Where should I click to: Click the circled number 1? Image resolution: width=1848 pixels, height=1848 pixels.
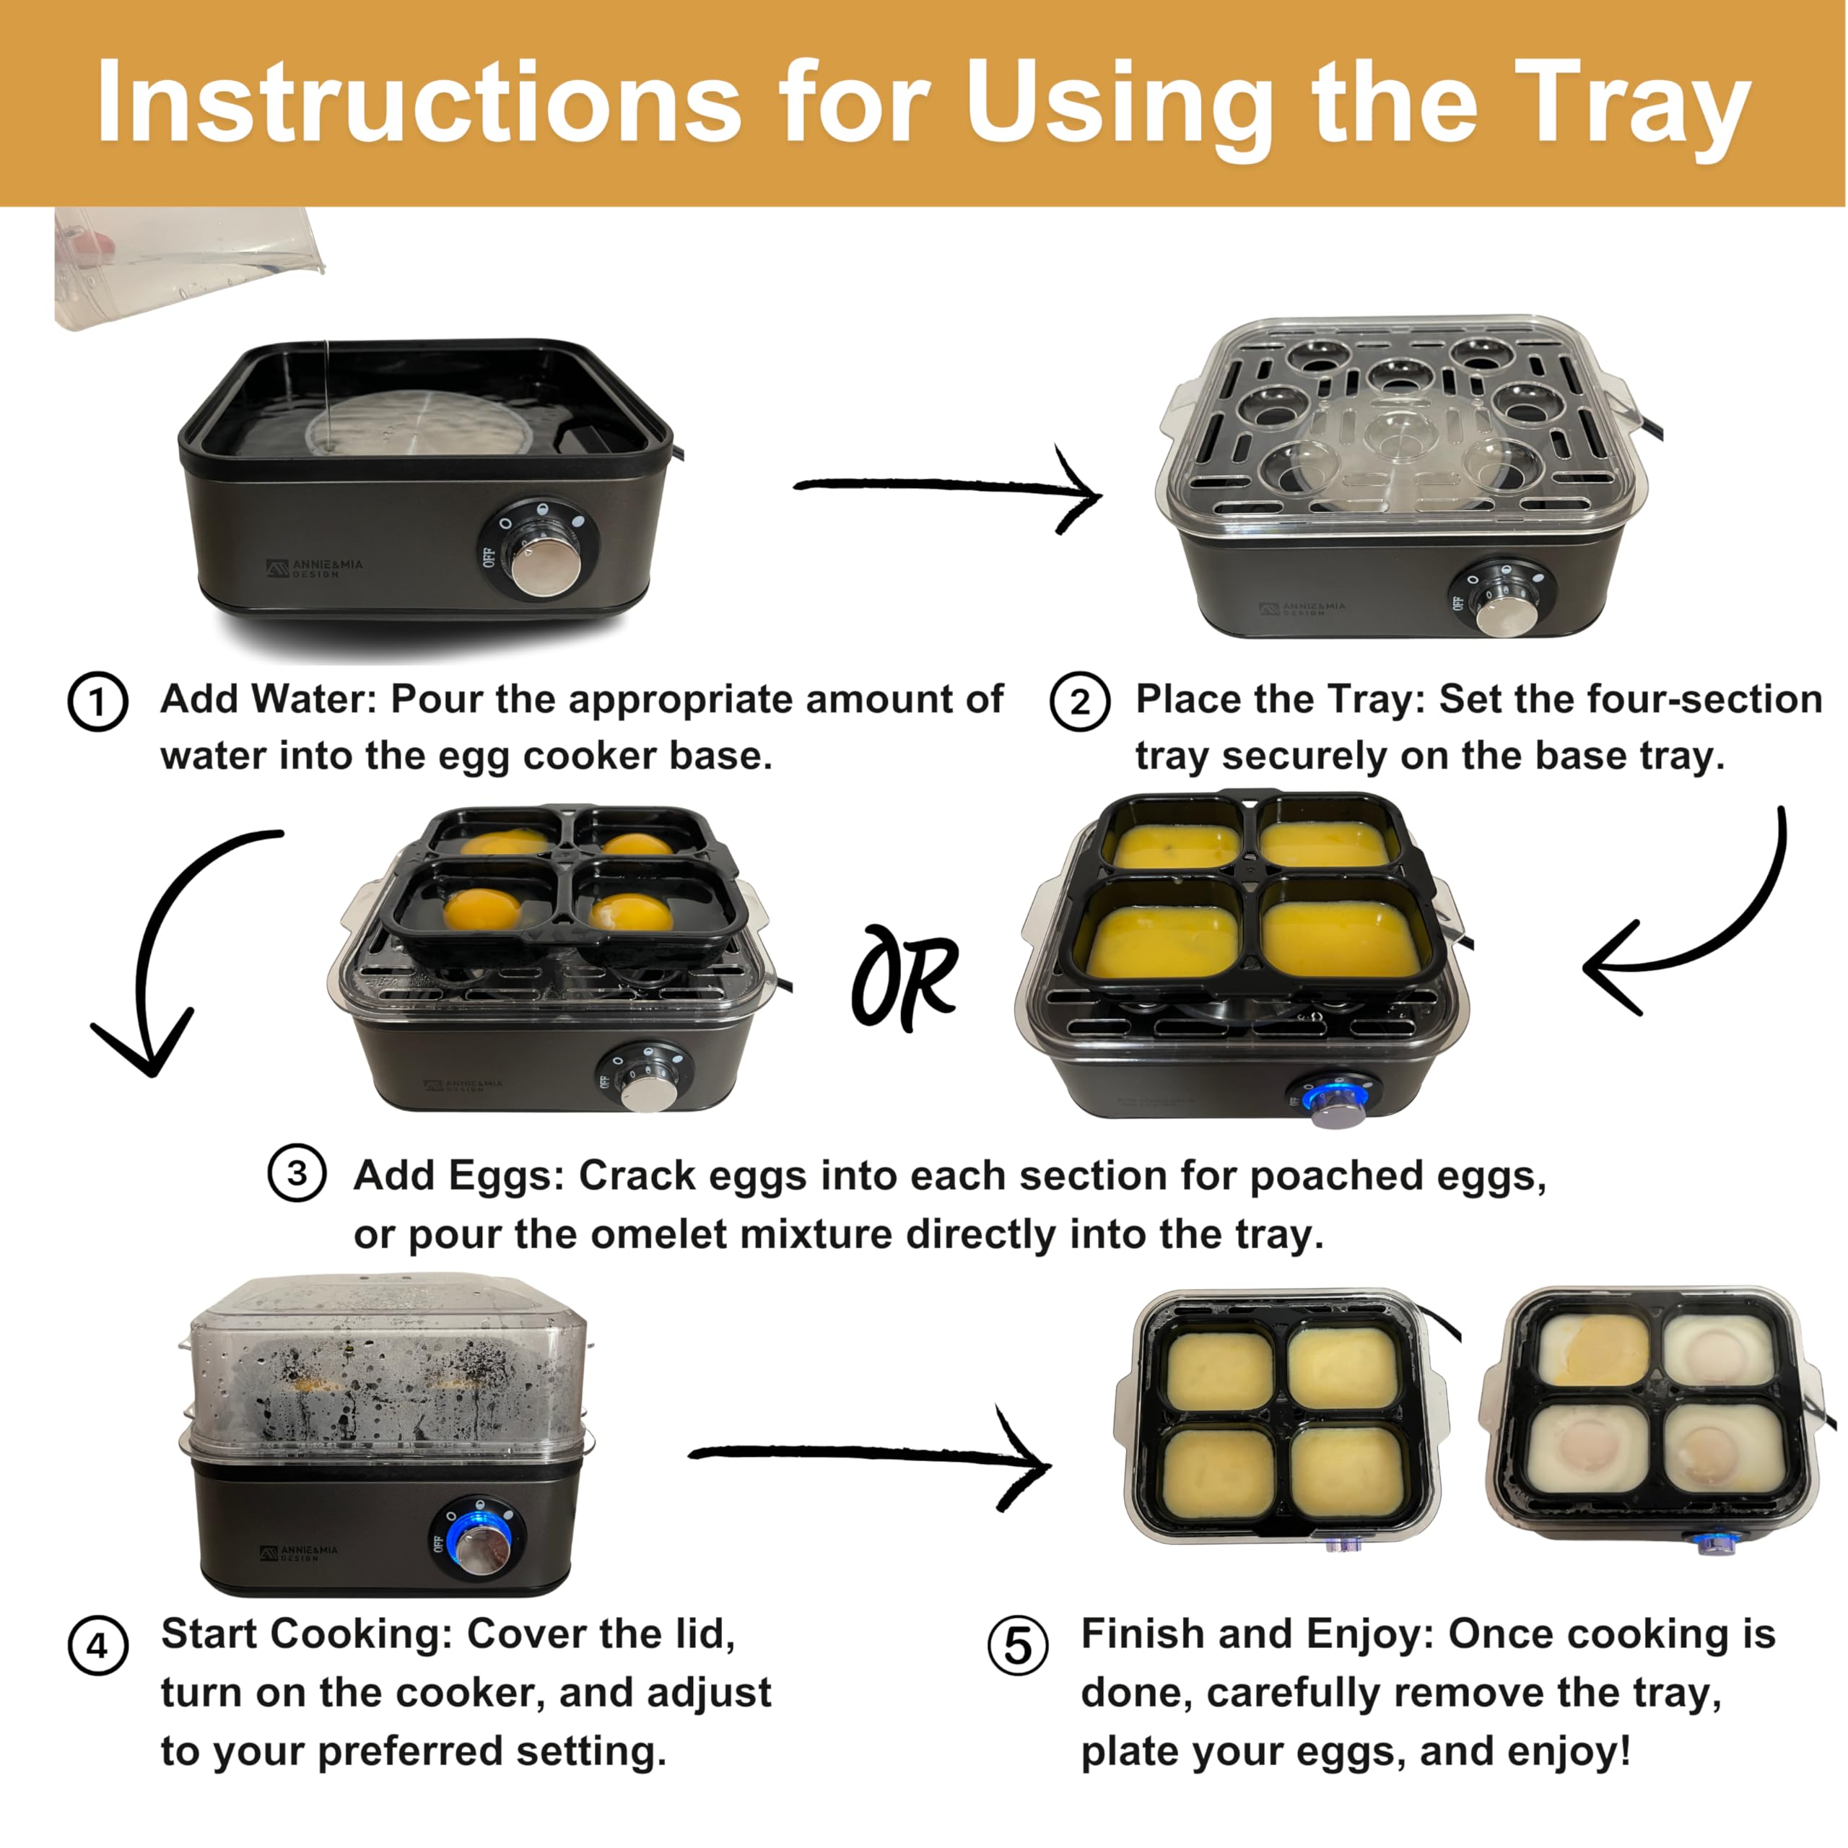point(97,702)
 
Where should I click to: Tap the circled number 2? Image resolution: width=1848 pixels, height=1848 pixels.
point(1080,702)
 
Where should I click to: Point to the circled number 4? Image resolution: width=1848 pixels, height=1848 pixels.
point(97,1646)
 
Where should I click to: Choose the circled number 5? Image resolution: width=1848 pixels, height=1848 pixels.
point(1018,1646)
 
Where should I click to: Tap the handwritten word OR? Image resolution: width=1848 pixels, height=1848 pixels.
point(905,977)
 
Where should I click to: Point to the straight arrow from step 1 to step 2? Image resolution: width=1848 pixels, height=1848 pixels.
point(947,488)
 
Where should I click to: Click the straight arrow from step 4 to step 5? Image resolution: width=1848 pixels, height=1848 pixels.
point(871,1456)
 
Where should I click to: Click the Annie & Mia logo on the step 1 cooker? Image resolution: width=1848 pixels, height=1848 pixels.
point(315,568)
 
